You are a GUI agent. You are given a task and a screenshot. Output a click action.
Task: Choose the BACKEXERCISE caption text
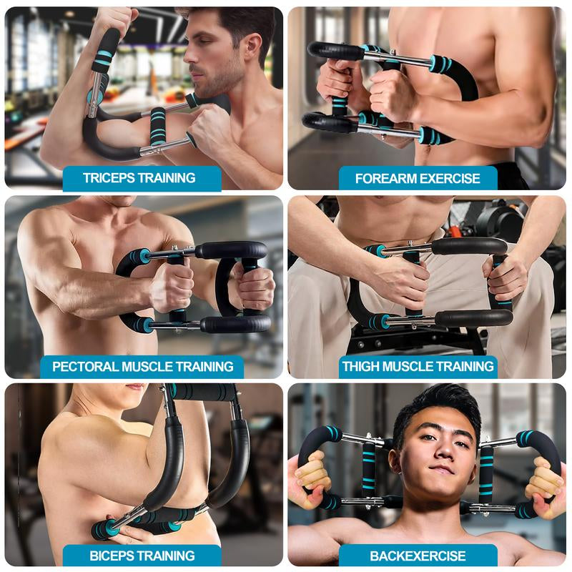pos(418,556)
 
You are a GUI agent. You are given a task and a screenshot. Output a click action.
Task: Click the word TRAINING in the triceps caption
pos(170,178)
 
